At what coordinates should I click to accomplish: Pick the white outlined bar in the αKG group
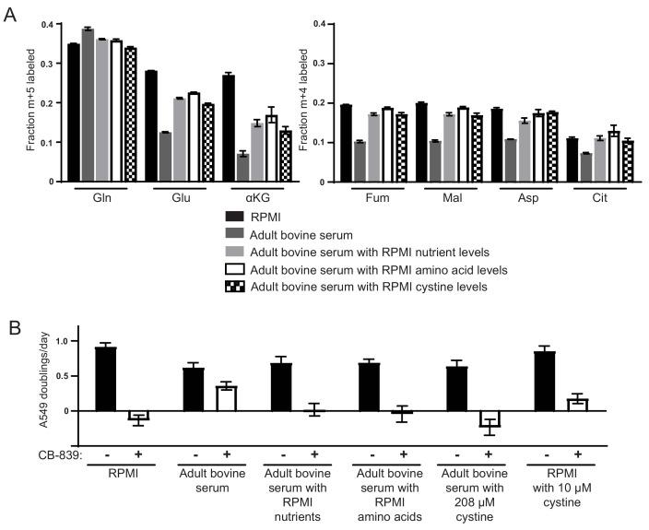[271, 148]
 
